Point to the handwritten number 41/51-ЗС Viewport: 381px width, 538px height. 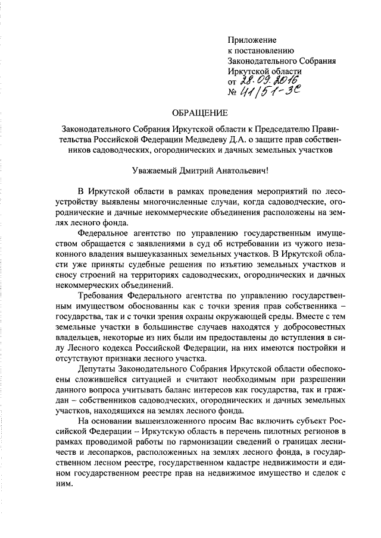[268, 92]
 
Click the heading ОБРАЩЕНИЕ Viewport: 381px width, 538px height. [199, 112]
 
